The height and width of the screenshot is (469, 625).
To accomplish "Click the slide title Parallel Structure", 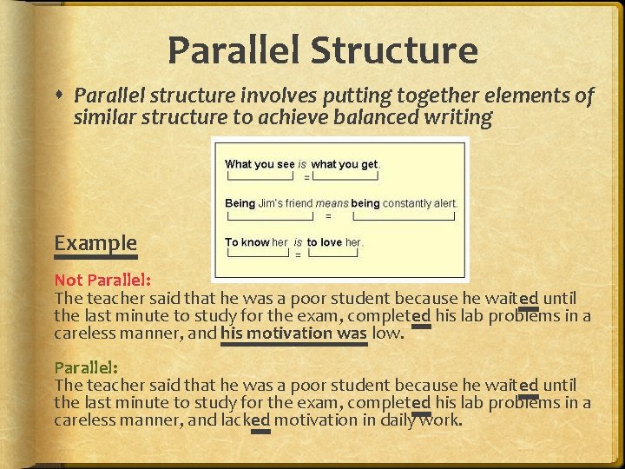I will tap(322, 50).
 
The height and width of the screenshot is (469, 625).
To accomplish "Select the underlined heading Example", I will tap(95, 242).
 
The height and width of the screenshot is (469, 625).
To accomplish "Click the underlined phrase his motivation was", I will tap(293, 333).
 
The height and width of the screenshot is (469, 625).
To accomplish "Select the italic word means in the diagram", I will tap(332, 203).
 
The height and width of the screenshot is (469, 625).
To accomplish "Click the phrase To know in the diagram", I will tap(247, 242).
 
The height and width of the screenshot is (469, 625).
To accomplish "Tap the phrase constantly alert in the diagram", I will tap(419, 203).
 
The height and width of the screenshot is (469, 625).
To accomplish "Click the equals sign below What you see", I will tap(306, 177).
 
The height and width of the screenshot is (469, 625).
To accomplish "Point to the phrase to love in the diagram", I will tap(324, 242).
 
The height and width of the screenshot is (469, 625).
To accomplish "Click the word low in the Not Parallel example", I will tap(387, 333).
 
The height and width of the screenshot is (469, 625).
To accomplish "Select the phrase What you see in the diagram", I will tap(260, 164).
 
